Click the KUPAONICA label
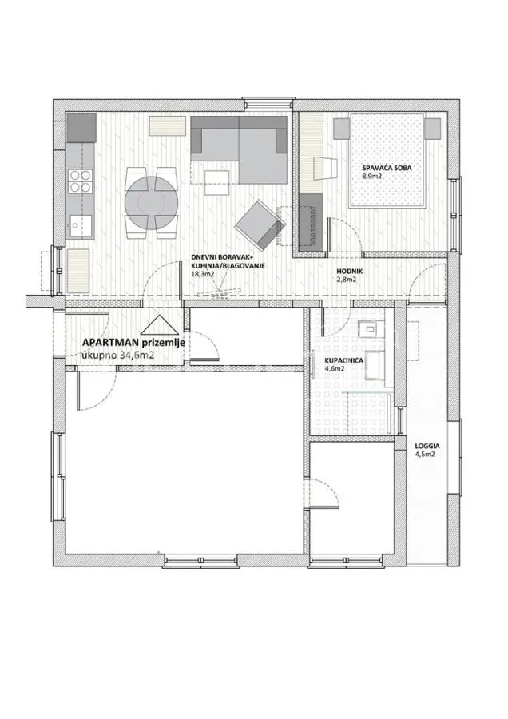click(343, 361)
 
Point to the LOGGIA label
click(427, 446)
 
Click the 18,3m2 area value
click(203, 274)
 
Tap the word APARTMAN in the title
click(105, 343)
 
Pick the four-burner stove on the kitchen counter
click(80, 181)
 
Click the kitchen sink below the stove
click(80, 224)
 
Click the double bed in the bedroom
click(386, 161)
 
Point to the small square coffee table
click(217, 182)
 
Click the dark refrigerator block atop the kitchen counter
click(81, 128)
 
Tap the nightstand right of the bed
click(432, 128)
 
